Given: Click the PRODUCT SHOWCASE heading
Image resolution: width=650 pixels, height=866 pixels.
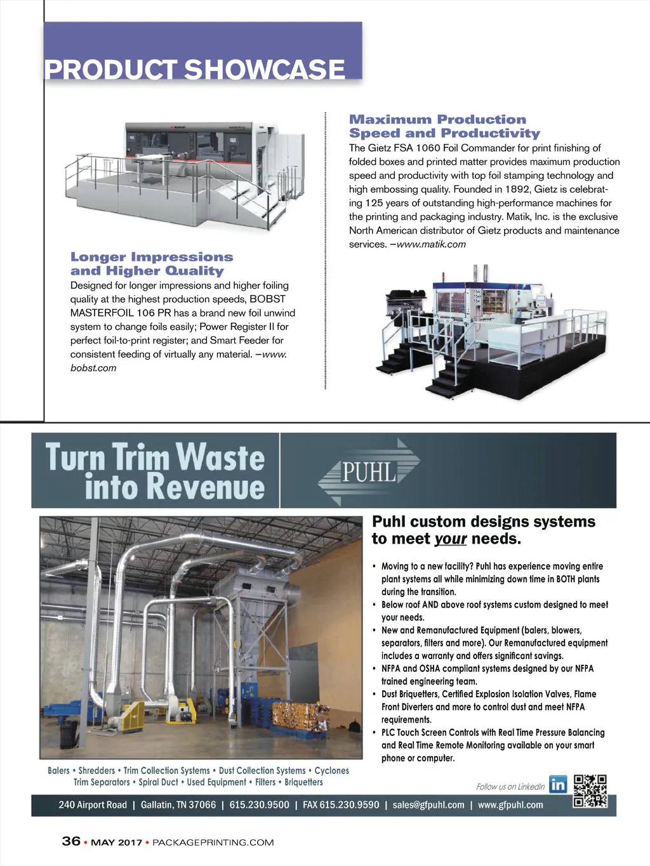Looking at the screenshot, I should tap(195, 69).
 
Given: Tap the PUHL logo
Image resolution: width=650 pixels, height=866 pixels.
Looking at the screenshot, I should tap(369, 471).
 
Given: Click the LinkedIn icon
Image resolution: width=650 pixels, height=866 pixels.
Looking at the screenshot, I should tap(558, 785).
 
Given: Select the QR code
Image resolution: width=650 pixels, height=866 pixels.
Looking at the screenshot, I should tap(590, 791).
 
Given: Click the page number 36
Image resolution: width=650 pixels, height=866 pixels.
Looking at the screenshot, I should tap(71, 841).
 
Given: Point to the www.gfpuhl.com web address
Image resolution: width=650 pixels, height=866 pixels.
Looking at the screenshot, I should tap(510, 805).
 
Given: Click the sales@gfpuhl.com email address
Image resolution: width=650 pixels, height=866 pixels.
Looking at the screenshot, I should tap(428, 805).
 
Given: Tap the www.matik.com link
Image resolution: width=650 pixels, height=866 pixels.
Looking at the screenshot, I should tap(431, 244).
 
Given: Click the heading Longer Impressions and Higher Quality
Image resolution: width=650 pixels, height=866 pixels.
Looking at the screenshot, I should tap(152, 264).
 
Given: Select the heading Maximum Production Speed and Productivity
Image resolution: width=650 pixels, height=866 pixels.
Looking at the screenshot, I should tap(444, 126).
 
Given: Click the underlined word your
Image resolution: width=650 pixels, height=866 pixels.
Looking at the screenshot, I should tap(451, 539).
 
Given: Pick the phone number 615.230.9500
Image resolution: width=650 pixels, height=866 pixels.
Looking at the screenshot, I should tap(259, 805).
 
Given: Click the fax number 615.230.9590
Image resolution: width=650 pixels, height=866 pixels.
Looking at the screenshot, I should tap(341, 805).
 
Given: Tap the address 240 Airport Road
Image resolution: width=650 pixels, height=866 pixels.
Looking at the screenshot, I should tap(93, 805).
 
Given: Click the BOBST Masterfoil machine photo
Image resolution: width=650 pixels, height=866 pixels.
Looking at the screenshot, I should tap(184, 168).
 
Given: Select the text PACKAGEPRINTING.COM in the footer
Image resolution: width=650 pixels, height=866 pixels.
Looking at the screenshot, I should tap(213, 843).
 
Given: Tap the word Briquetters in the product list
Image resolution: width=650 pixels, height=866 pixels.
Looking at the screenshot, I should tap(303, 782).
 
